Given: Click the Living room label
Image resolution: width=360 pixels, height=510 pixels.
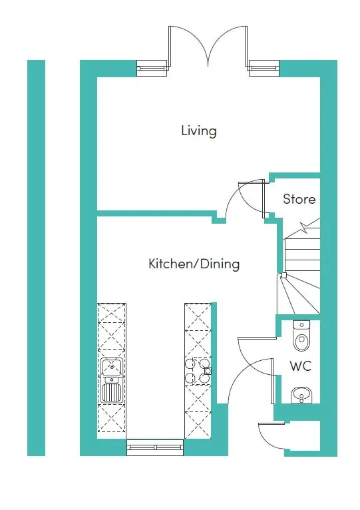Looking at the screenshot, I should [x=199, y=130].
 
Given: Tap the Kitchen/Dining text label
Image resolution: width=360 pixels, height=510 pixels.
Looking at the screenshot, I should [x=194, y=264].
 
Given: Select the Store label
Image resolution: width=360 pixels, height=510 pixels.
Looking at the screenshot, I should [x=299, y=199].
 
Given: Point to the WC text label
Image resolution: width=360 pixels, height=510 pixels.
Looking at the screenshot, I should [x=300, y=366].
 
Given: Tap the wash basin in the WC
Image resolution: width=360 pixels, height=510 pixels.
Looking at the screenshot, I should [x=301, y=395].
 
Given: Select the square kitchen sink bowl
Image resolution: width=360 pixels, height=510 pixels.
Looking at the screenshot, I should [x=111, y=366].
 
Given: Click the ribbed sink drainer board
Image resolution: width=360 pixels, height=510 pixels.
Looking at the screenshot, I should [x=111, y=391].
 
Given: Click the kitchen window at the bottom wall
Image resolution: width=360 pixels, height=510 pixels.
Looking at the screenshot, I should [x=154, y=447].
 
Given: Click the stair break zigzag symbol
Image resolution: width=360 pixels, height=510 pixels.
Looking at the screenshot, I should [x=305, y=228].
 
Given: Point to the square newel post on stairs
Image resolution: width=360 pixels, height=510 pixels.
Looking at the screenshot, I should [x=283, y=275].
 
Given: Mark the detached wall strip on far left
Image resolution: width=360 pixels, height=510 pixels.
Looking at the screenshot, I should [x=36, y=258].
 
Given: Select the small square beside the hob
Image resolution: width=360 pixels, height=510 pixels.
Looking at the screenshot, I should [x=208, y=371].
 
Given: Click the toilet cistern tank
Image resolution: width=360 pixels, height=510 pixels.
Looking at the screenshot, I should [x=301, y=327].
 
